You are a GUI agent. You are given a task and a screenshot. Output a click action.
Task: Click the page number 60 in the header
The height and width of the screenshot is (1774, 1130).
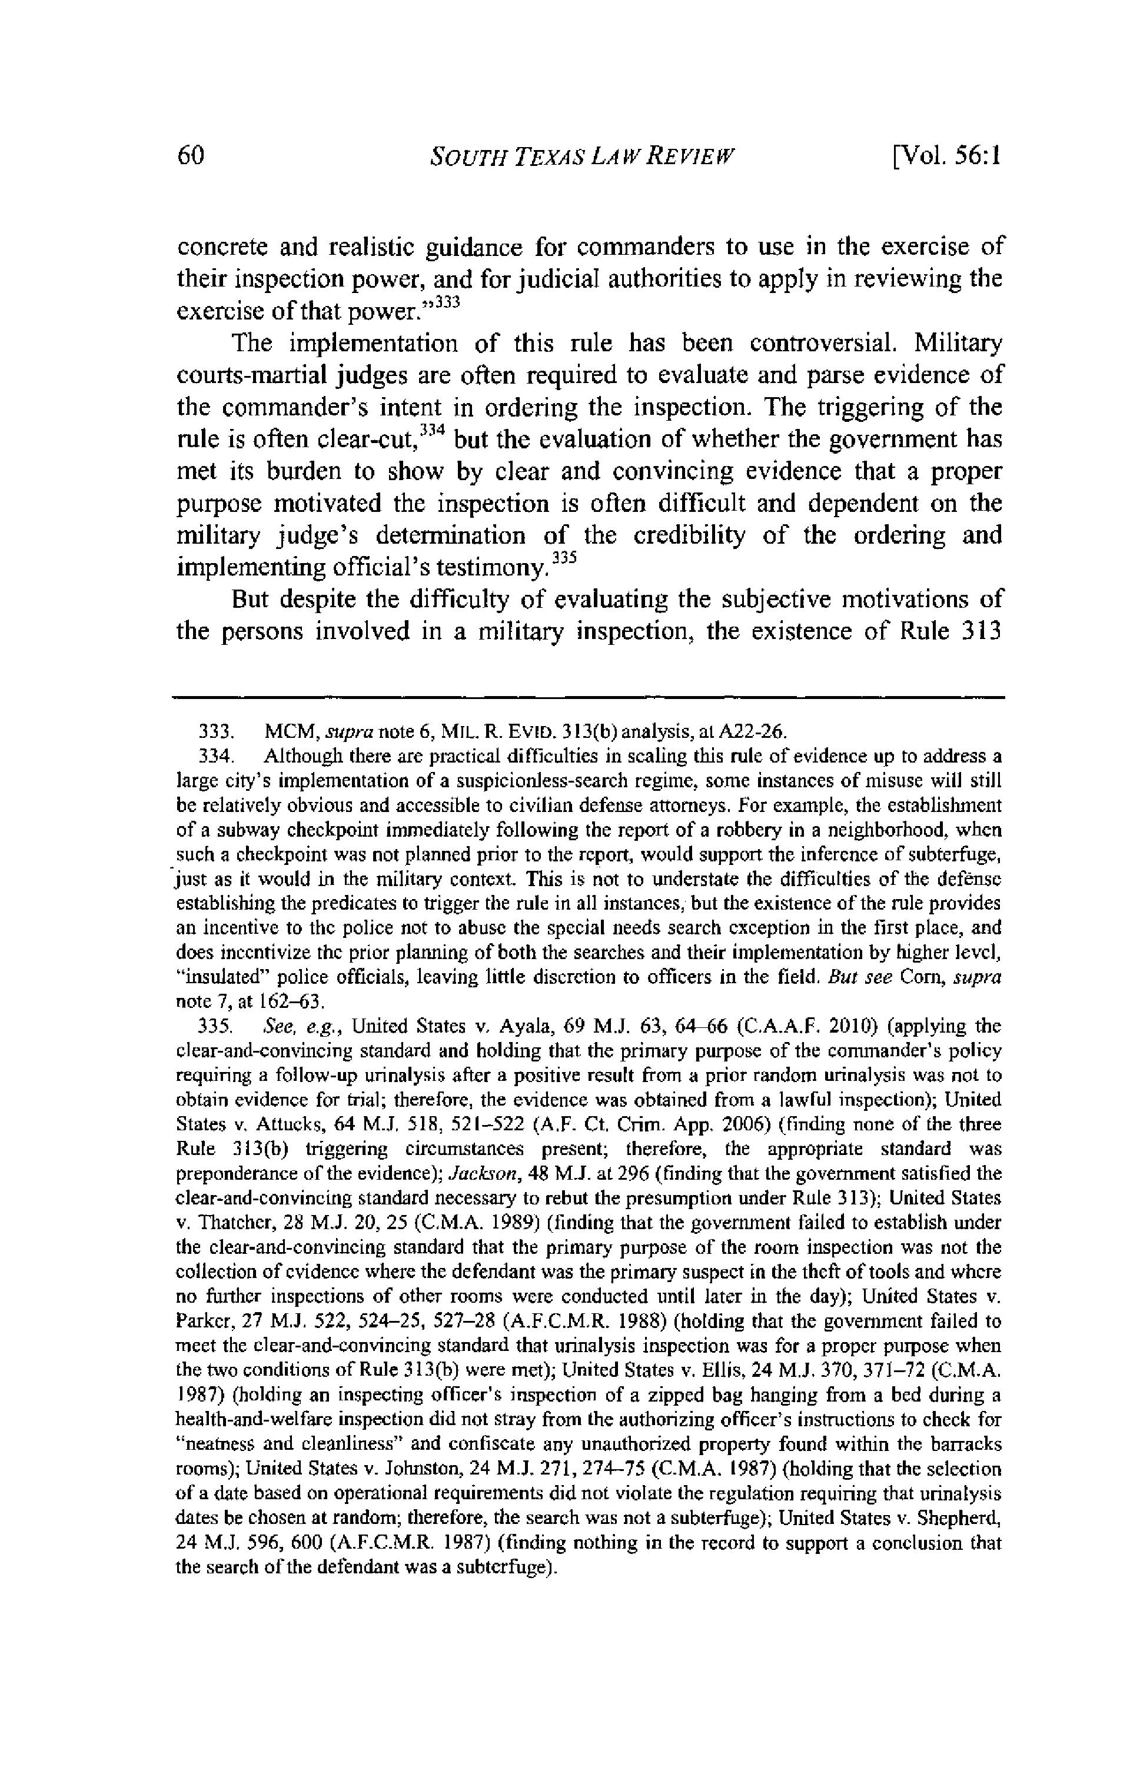pos(191,157)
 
